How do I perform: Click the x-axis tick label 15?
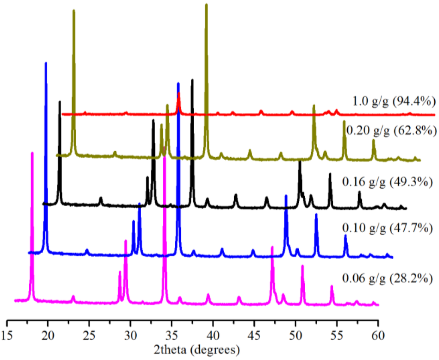pyautogui.click(x=7, y=335)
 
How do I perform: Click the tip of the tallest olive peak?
pyautogui.click(x=207, y=4)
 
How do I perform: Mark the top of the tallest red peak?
pyautogui.click(x=179, y=93)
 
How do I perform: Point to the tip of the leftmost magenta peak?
pyautogui.click(x=32, y=153)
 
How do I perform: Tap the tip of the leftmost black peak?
pyautogui.click(x=60, y=102)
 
